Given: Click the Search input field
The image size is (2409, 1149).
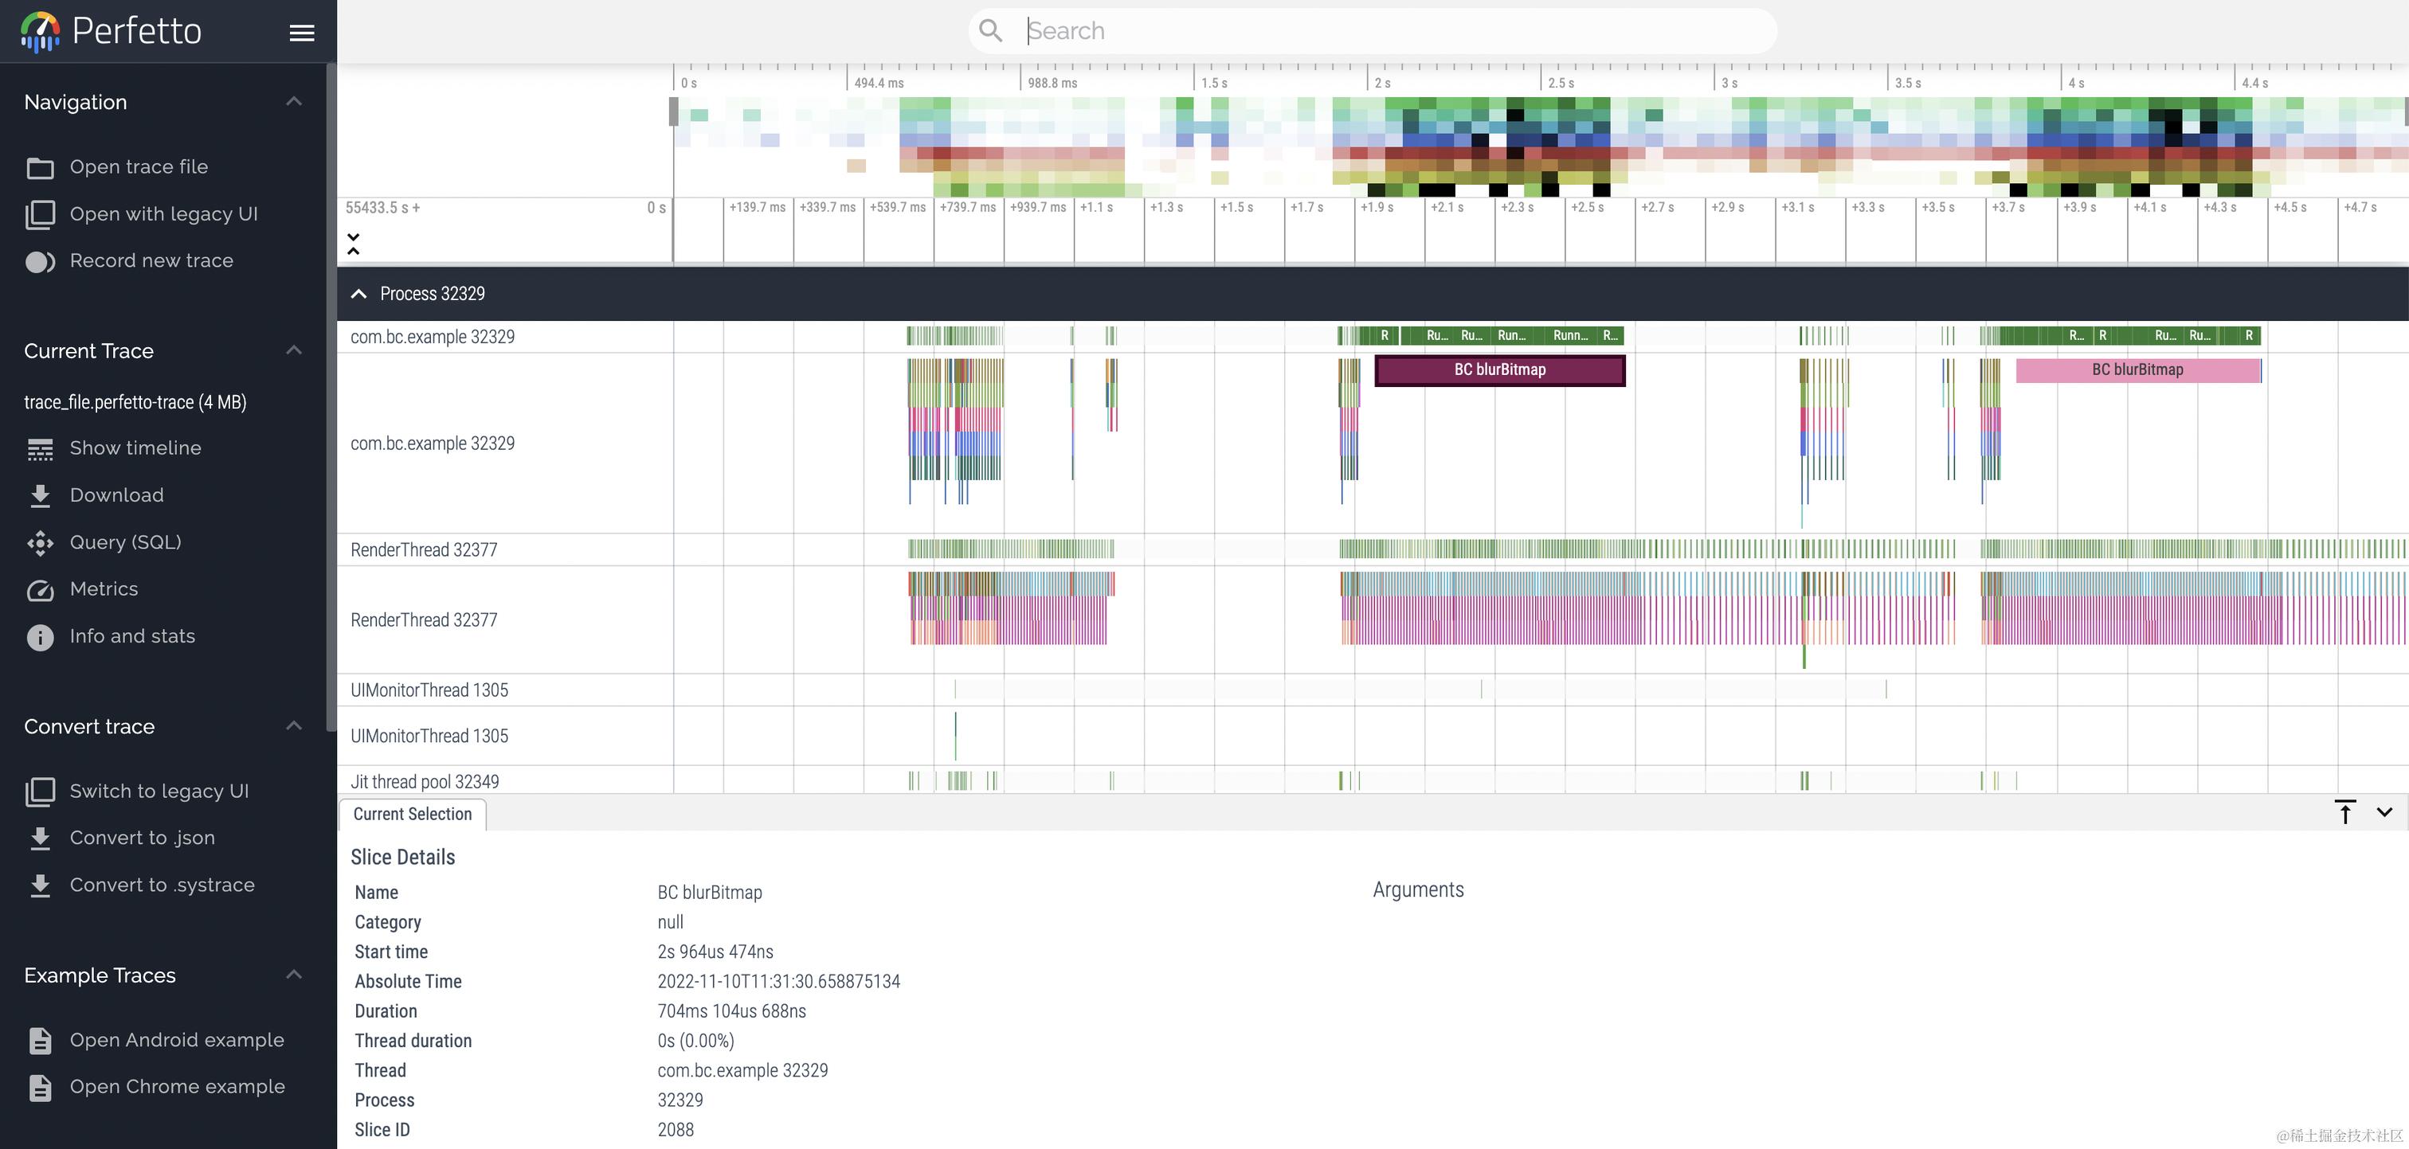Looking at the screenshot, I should [1384, 31].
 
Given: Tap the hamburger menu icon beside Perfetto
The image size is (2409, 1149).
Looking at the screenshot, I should [301, 33].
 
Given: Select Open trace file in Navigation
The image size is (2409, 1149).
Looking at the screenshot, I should [139, 166].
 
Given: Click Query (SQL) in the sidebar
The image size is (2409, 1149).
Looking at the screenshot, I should [125, 542].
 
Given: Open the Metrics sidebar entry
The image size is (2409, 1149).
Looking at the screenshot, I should [104, 589].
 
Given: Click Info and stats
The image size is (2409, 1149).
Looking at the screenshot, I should [132, 635].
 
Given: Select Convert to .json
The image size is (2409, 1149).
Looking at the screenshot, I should [142, 838].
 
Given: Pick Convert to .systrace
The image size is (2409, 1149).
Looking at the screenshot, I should [162, 885].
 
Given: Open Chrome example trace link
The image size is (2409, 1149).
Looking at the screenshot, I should [177, 1086].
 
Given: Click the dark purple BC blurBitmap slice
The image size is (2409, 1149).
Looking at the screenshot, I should [1499, 370].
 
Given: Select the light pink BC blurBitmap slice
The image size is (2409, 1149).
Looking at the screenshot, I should [2137, 370].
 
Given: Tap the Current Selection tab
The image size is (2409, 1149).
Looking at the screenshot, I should [413, 815].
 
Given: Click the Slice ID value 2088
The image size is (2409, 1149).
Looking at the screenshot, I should [676, 1129].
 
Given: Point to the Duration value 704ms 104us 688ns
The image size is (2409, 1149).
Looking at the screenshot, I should [731, 1010].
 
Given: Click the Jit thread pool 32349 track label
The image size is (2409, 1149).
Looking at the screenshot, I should [425, 782].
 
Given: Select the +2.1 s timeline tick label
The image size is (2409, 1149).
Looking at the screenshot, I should [1447, 208].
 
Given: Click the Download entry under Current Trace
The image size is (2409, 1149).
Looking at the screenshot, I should [116, 495].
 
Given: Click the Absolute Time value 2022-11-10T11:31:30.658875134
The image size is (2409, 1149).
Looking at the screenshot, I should [778, 982].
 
